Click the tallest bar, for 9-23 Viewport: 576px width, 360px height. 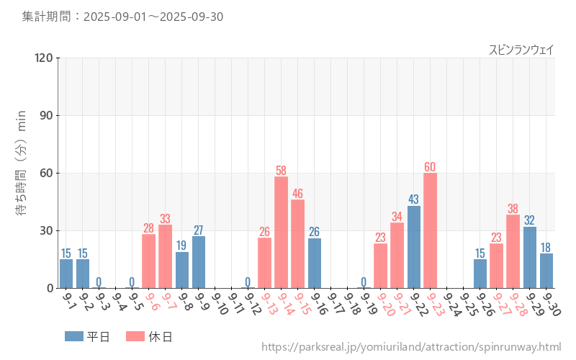point(430,230)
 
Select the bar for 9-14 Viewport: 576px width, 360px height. point(281,232)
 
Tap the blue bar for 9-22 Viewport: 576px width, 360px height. point(413,247)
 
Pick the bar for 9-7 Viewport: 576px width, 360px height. point(165,256)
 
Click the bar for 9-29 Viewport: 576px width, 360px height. point(529,257)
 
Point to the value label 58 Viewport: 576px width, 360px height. point(281,171)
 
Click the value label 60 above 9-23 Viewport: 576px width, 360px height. point(430,167)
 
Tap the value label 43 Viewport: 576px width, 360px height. point(413,199)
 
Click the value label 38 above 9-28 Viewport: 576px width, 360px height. point(513,209)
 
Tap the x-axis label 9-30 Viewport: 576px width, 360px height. point(552,305)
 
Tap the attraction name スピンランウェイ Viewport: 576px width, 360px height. point(521,49)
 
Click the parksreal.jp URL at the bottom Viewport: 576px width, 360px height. point(411,347)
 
